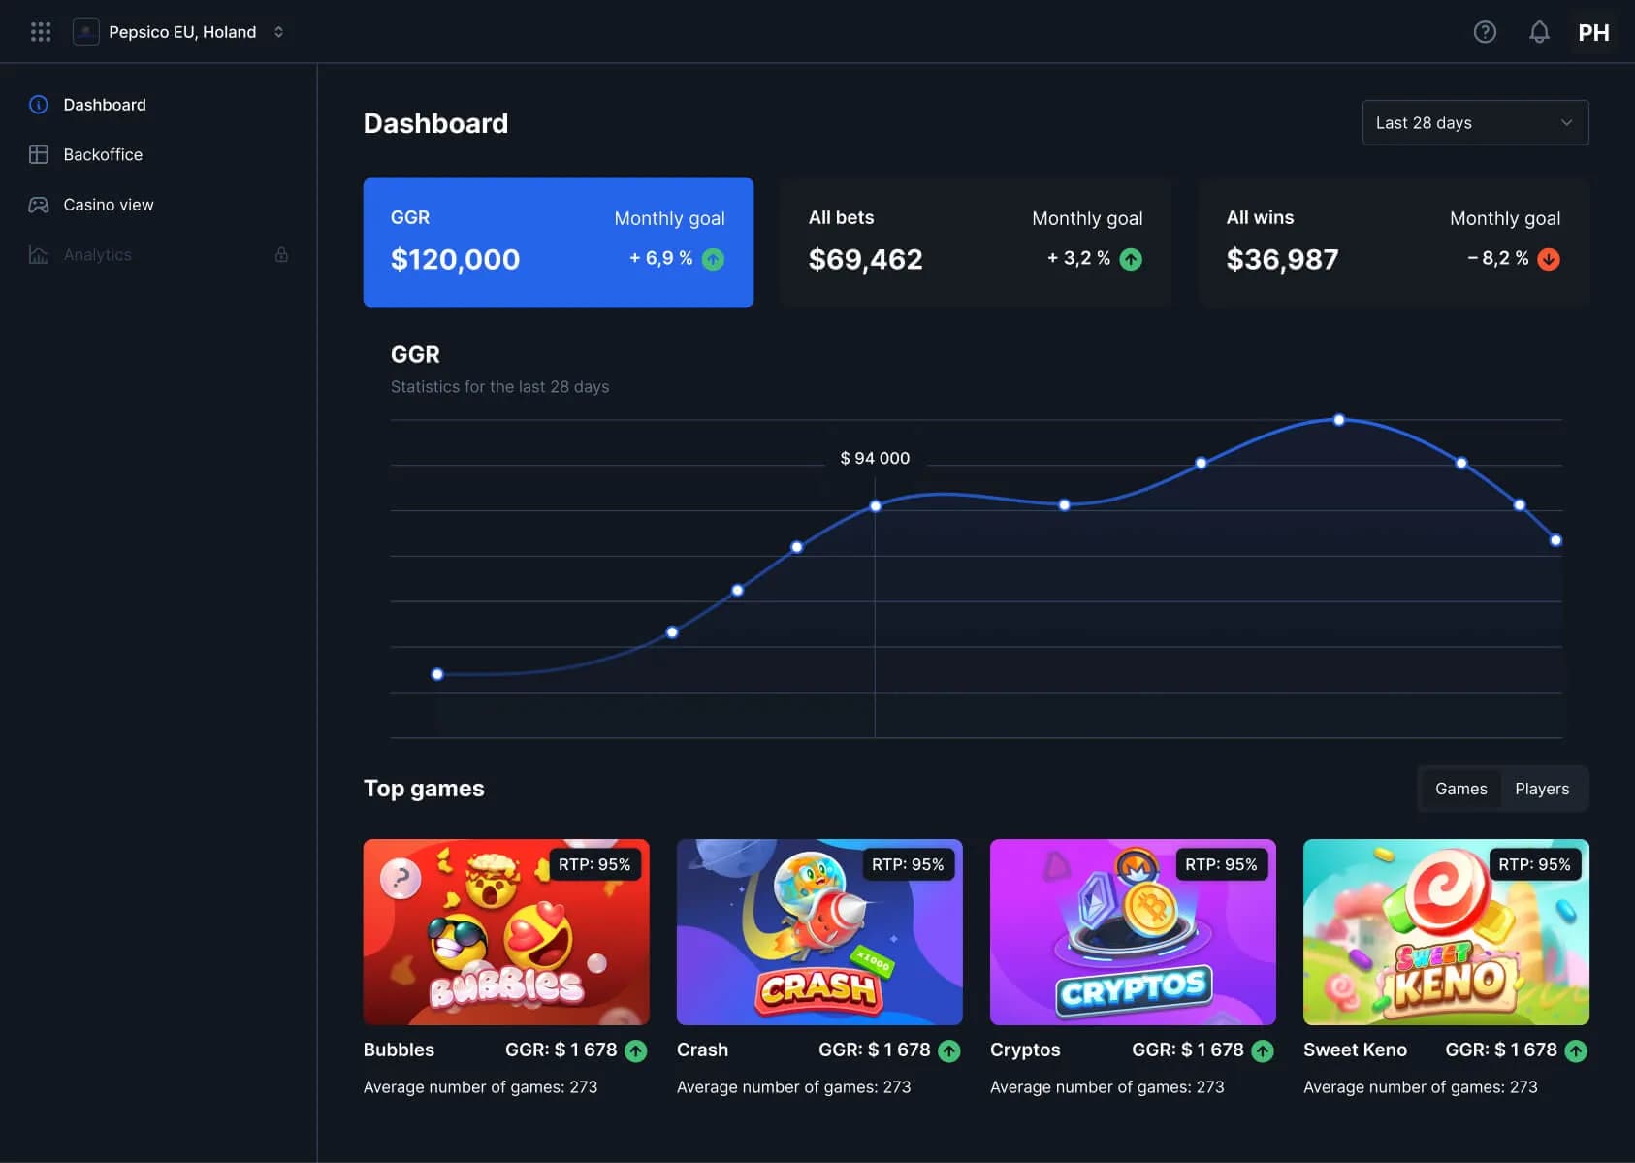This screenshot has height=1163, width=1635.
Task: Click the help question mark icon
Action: [1484, 32]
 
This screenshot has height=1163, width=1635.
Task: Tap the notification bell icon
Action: [1539, 32]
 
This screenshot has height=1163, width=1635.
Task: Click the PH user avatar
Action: [1593, 32]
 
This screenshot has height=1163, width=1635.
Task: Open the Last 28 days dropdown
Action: [1474, 123]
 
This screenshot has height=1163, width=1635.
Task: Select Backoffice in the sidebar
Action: [102, 154]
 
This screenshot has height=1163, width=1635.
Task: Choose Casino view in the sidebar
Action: [108, 205]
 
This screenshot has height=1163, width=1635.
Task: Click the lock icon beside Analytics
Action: [281, 255]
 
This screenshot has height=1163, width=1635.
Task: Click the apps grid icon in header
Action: [41, 32]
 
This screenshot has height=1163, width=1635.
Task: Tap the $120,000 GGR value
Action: [455, 259]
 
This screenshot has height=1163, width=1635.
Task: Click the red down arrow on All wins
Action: [1549, 259]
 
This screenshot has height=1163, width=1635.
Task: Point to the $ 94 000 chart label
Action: [875, 458]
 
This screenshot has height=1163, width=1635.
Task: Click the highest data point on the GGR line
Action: [1338, 420]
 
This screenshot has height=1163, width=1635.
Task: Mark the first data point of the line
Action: [437, 674]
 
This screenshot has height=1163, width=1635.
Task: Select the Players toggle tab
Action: [1541, 789]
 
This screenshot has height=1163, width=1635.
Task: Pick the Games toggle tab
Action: [1460, 789]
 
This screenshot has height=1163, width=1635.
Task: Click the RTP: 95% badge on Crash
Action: [907, 864]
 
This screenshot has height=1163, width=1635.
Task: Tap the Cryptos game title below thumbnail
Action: [1025, 1050]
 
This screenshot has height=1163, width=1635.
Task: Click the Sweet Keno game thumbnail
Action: [1445, 931]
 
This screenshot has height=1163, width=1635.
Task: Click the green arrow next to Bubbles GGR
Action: [636, 1050]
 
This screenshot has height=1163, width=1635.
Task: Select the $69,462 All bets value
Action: [865, 259]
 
